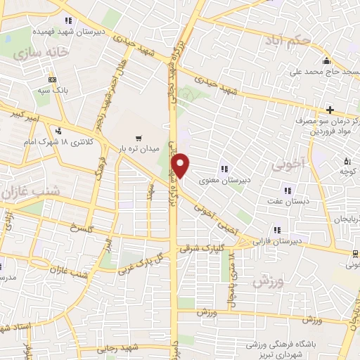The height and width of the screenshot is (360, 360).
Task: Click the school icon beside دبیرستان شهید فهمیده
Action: tap(68, 20)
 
